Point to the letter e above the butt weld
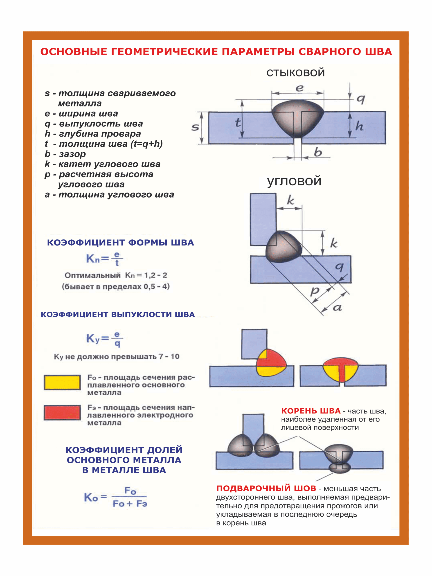(x=299, y=88)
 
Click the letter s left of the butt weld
(x=195, y=127)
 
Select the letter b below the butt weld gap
(x=318, y=152)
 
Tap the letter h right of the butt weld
(x=359, y=126)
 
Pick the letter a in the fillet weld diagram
(x=337, y=308)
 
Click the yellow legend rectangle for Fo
(x=62, y=382)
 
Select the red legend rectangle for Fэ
(x=62, y=412)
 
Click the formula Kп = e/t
(x=104, y=259)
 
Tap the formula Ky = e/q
(x=104, y=339)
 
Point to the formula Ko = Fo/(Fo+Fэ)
(x=116, y=497)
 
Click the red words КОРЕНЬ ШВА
(x=311, y=411)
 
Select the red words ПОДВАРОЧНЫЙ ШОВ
(x=266, y=488)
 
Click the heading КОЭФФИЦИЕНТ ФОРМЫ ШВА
(x=120, y=243)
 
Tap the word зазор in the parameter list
(x=72, y=154)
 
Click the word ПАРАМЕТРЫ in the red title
(x=258, y=52)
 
